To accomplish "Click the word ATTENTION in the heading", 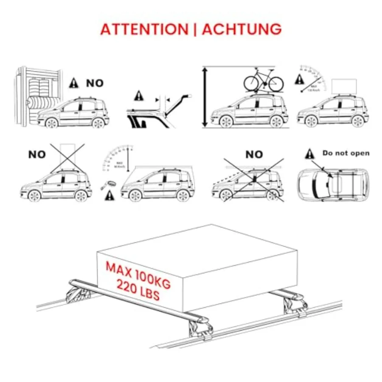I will tap(144, 29).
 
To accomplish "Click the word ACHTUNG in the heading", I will tap(242, 29).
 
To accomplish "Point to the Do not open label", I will tap(345, 153).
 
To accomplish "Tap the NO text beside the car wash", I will tap(95, 83).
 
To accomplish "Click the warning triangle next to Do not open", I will tap(310, 153).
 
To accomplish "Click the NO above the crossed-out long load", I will tap(254, 154).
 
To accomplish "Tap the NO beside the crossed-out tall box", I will tap(37, 154).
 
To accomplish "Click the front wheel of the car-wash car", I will tap(52, 123).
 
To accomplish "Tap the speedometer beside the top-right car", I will tap(313, 79).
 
